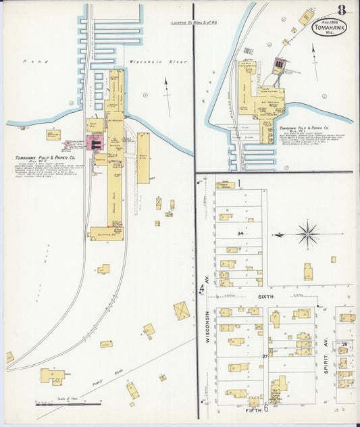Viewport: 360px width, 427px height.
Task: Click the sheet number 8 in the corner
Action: pos(342,10)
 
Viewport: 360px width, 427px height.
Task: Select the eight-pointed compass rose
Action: pos(308,234)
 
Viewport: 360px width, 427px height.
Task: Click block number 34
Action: pos(240,234)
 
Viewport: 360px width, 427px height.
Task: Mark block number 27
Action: pos(265,355)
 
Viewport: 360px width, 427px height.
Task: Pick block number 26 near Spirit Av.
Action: pos(344,345)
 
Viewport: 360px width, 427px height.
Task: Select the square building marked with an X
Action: pos(182,310)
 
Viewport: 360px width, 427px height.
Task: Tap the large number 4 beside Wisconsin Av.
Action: pos(201,291)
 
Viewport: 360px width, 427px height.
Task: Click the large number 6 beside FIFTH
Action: pos(266,408)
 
